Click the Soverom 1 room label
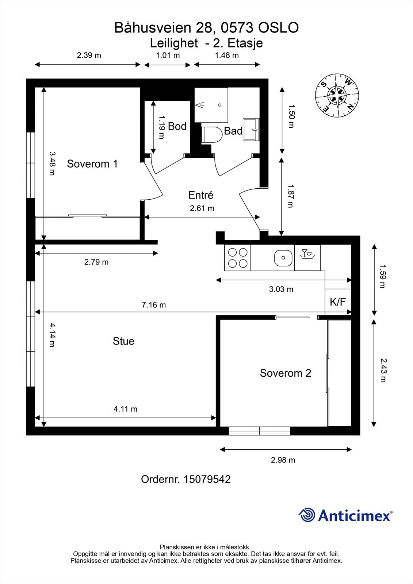[x=92, y=164]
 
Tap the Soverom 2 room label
[x=286, y=373]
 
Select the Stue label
[x=123, y=341]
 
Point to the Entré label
[x=200, y=195]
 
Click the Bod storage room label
[x=177, y=126]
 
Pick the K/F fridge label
[x=338, y=301]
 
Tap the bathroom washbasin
[x=251, y=129]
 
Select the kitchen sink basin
[x=283, y=258]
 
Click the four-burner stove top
[x=238, y=258]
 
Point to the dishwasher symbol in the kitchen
[x=307, y=258]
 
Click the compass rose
[x=337, y=95]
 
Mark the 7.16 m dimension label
[x=154, y=305]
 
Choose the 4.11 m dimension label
[x=125, y=409]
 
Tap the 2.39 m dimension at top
[x=89, y=55]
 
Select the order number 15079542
[x=207, y=479]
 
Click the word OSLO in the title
[x=278, y=28]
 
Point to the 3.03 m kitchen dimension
[x=281, y=289]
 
